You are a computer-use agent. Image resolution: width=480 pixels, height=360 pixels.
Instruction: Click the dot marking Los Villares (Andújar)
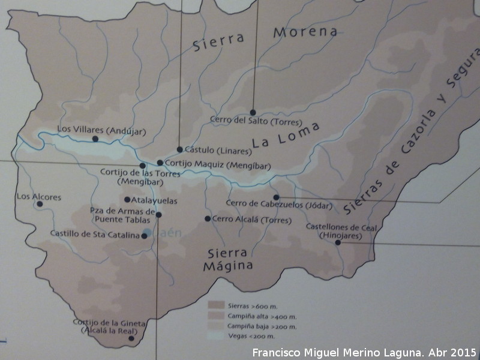click(95, 139)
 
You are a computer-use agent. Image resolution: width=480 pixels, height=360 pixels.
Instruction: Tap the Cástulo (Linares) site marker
click(179, 149)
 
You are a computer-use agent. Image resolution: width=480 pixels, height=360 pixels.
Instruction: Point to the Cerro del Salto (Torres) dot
click(253, 112)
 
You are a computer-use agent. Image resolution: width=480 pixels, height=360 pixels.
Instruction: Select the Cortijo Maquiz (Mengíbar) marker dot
click(160, 163)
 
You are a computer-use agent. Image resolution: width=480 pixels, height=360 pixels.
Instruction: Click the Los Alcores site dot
click(40, 204)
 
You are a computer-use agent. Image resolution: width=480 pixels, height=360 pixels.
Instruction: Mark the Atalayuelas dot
click(127, 200)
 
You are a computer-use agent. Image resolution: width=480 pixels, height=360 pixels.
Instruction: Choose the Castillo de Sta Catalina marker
click(144, 236)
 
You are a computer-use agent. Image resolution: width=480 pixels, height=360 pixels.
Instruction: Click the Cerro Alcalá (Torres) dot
click(208, 219)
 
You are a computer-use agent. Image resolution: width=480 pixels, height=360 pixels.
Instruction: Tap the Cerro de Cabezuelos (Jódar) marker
click(276, 197)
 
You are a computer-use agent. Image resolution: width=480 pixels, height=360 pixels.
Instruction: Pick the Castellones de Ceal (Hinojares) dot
click(337, 242)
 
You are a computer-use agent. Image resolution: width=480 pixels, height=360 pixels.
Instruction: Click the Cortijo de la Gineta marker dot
click(131, 338)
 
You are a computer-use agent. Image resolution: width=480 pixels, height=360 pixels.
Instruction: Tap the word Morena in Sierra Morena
click(305, 32)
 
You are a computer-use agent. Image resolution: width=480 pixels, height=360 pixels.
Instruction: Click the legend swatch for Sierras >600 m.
click(215, 305)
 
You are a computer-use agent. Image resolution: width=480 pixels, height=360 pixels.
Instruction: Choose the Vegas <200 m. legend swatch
click(215, 337)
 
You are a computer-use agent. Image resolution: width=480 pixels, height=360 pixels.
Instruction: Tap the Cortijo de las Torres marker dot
click(142, 166)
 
